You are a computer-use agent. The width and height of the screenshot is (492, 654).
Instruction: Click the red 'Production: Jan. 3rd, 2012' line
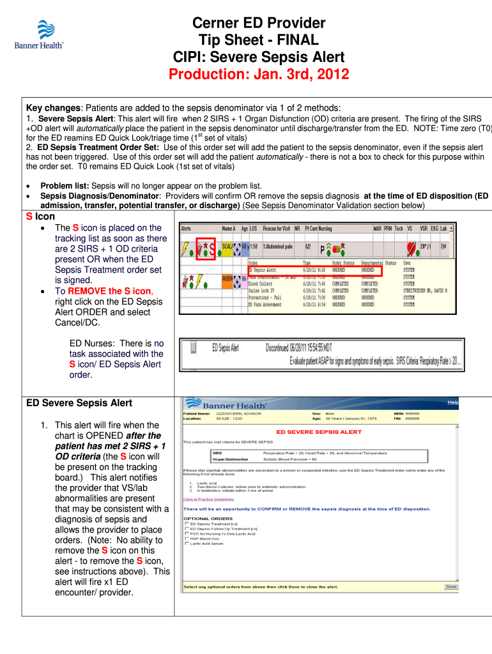pos(259,75)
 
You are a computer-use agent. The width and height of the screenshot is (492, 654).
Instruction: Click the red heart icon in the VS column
pos(411,246)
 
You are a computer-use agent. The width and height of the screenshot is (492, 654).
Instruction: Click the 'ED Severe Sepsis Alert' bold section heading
pos(79,403)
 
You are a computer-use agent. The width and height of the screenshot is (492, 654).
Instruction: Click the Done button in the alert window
pos(451,586)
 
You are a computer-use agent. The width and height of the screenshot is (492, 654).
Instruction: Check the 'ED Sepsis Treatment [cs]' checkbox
pos(187,524)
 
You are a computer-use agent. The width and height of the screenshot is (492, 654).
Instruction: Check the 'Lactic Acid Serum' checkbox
pos(187,544)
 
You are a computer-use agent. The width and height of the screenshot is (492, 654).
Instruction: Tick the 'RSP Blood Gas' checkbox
pos(187,538)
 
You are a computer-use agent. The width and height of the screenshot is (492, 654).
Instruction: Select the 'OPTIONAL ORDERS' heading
pos(208,518)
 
